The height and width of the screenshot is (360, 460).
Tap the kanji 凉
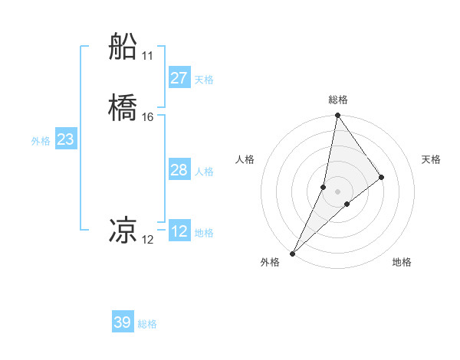[x=123, y=231]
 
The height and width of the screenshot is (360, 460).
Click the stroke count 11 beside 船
[x=147, y=56]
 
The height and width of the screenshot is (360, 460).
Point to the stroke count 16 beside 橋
[x=147, y=117]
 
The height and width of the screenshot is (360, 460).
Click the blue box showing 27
[x=179, y=78]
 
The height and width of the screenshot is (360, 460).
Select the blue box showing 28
[x=179, y=170]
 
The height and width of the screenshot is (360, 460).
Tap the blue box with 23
[x=65, y=140]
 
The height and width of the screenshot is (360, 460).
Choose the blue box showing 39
[x=123, y=322]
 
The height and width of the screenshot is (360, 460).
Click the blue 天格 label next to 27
[x=204, y=80]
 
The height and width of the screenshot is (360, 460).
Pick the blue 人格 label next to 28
[x=204, y=172]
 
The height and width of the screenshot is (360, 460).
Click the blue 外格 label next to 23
[x=41, y=141]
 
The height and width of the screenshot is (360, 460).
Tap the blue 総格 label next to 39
[x=147, y=324]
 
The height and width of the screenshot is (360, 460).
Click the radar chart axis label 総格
[x=337, y=100]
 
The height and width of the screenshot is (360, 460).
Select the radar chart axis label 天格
[x=432, y=159]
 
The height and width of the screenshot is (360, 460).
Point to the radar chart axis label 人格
[x=245, y=159]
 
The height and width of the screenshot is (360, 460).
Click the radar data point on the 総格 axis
[x=337, y=116]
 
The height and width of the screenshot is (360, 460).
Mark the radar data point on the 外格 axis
[x=292, y=254]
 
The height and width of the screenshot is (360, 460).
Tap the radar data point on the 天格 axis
[x=382, y=177]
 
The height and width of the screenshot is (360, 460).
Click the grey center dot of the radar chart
[x=337, y=191]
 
